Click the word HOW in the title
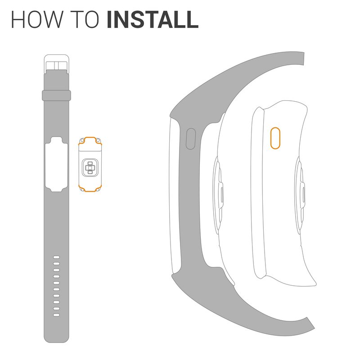pos(37,19)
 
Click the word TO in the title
pos(85,19)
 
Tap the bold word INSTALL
pos(153,19)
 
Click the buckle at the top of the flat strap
pos(57,64)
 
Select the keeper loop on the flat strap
pos(56,95)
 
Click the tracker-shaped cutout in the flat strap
pos(56,164)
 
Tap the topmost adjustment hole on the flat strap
pos(56,257)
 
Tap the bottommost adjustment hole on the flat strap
pos(56,315)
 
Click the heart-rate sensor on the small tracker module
pos(90,167)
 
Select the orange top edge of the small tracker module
pos(90,139)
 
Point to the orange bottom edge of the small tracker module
pos(90,189)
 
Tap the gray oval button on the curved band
pos(190,139)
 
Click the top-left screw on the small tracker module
pos(82,140)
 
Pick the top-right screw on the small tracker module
pos(98,140)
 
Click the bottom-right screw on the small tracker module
pos(98,189)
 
